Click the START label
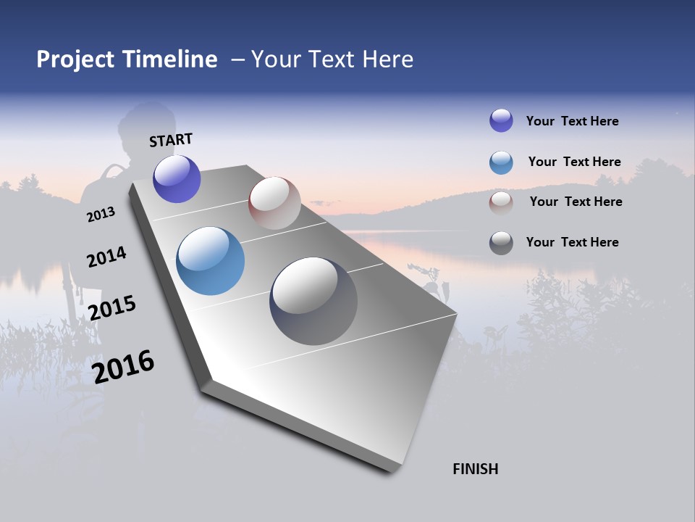pos(171,140)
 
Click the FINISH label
pos(476,469)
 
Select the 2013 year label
pos(101,215)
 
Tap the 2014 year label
pos(106,257)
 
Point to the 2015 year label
pos(112,307)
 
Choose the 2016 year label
pos(123,366)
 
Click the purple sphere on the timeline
pos(177,179)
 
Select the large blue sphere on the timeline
pos(210,261)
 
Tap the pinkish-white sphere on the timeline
pos(274,203)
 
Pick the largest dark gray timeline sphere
pos(313,301)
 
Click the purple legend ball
pos(501,120)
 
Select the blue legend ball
pos(501,162)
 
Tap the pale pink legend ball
pos(501,202)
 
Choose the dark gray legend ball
pos(501,243)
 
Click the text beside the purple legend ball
pos(572,121)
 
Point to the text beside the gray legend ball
pos(572,242)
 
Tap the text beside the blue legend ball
pos(574,162)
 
